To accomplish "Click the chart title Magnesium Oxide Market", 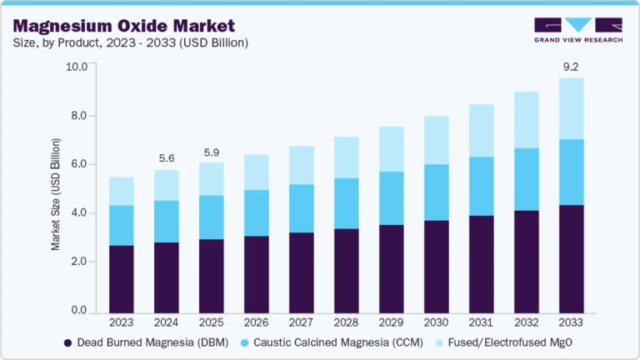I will [x=123, y=26].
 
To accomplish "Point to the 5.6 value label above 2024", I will [x=166, y=158].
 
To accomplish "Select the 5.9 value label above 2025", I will [x=211, y=152].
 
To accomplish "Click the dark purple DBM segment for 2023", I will [x=121, y=279].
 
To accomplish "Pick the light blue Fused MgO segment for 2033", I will [x=572, y=108].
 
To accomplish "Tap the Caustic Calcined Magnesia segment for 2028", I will [x=347, y=203].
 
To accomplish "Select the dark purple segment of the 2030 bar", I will [x=437, y=267].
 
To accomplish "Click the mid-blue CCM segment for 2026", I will [x=257, y=213].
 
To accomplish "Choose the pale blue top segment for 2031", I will [x=482, y=130].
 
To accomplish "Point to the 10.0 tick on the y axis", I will [x=77, y=67].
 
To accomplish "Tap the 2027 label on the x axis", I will [x=302, y=322].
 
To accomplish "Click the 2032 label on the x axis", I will [x=527, y=322].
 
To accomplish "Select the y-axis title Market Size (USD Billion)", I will [x=56, y=190].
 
